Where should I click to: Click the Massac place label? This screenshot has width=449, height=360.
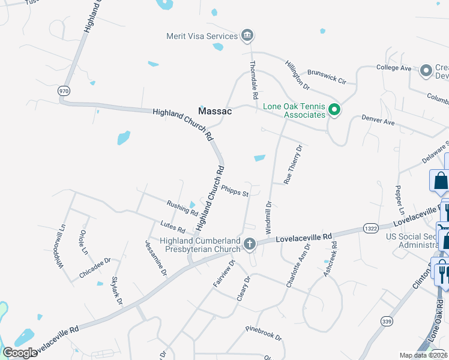click(215, 111)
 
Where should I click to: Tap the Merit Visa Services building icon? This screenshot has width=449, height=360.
click(247, 36)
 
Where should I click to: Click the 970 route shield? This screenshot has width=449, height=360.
click(63, 91)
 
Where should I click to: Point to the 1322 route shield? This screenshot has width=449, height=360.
click(371, 229)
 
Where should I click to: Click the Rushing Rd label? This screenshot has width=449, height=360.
click(182, 208)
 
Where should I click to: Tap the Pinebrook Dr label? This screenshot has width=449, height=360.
click(264, 334)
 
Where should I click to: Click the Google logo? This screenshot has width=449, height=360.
click(20, 352)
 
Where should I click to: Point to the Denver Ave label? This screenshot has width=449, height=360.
click(378, 121)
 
